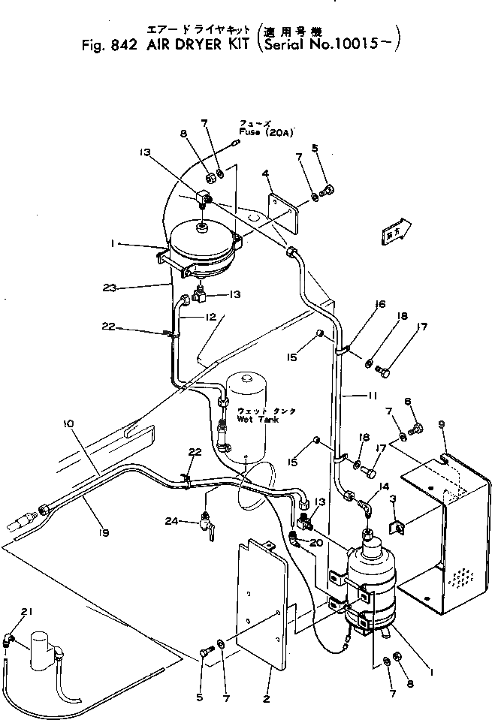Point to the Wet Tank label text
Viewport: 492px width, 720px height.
[x=256, y=420]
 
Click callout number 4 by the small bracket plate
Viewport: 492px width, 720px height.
[x=265, y=173]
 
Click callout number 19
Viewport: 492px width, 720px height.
[x=104, y=533]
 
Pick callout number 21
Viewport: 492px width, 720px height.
[x=29, y=613]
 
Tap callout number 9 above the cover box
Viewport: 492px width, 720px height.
[x=441, y=424]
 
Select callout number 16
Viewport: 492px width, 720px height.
[x=381, y=304]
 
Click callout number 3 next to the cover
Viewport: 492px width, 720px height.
[x=392, y=499]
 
